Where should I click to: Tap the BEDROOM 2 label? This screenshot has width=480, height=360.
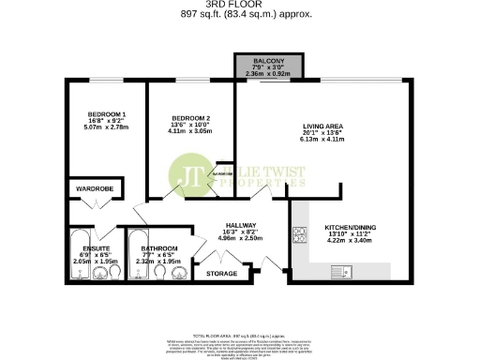[x=175, y=119]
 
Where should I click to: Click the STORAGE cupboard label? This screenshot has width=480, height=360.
[x=221, y=273]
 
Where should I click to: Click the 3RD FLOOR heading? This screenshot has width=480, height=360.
[x=239, y=5]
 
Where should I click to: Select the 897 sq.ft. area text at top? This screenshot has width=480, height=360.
[x=239, y=13]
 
